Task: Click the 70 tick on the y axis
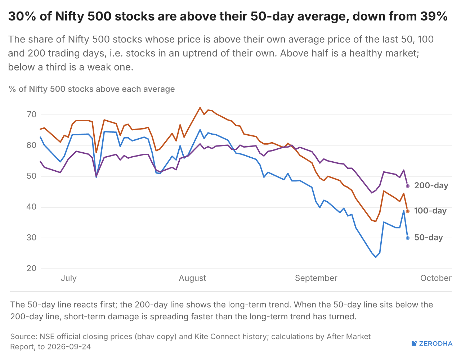pyautogui.click(x=31, y=115)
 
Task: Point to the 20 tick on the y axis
pyautogui.click(x=31, y=269)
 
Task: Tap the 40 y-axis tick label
pyautogui.click(x=31, y=207)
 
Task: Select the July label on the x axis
pyautogui.click(x=68, y=278)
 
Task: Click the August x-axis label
pyautogui.click(x=192, y=278)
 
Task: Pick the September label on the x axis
pyautogui.click(x=316, y=278)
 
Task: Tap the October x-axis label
pyautogui.click(x=436, y=278)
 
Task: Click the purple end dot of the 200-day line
pyautogui.click(x=408, y=186)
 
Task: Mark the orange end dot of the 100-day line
pyautogui.click(x=408, y=211)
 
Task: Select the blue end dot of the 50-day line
pyautogui.click(x=408, y=238)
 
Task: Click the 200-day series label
pyautogui.click(x=431, y=186)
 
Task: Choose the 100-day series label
pyautogui.click(x=430, y=211)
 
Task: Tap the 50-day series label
pyautogui.click(x=429, y=238)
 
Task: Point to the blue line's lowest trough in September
pyautogui.click(x=376, y=257)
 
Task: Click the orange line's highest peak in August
pyautogui.click(x=200, y=108)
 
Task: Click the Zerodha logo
pyautogui.click(x=432, y=343)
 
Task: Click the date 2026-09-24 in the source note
pyautogui.click(x=69, y=347)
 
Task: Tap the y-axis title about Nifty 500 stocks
pyautogui.click(x=91, y=89)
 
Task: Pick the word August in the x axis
pyautogui.click(x=192, y=278)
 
